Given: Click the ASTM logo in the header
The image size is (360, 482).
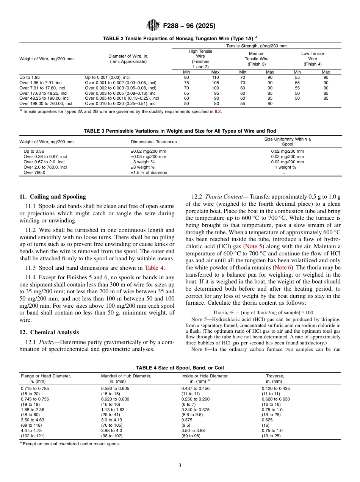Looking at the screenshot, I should click(x=153, y=26).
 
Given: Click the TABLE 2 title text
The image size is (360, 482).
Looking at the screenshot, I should click(x=180, y=38).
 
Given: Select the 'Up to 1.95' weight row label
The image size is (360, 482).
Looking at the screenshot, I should click(x=29, y=77).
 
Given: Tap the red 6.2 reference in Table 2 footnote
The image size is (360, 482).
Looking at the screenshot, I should click(x=218, y=111).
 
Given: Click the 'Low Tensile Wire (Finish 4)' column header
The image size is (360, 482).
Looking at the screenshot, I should click(x=312, y=59).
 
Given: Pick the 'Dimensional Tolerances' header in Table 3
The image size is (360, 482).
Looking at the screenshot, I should click(x=153, y=142).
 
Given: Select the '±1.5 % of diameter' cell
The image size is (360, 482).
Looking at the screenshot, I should click(x=149, y=172).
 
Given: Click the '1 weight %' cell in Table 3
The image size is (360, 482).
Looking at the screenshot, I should click(x=287, y=167).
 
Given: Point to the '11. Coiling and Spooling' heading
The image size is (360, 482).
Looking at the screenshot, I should click(x=53, y=197).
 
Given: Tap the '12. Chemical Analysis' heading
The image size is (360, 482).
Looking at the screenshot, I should click(x=49, y=332).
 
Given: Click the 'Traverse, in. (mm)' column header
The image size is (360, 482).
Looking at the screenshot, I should click(x=274, y=379).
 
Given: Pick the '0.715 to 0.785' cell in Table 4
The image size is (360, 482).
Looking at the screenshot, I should click(x=34, y=388).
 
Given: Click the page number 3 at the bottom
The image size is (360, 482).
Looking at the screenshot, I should click(x=180, y=465).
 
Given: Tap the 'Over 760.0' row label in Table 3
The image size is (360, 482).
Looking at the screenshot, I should click(x=34, y=172).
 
